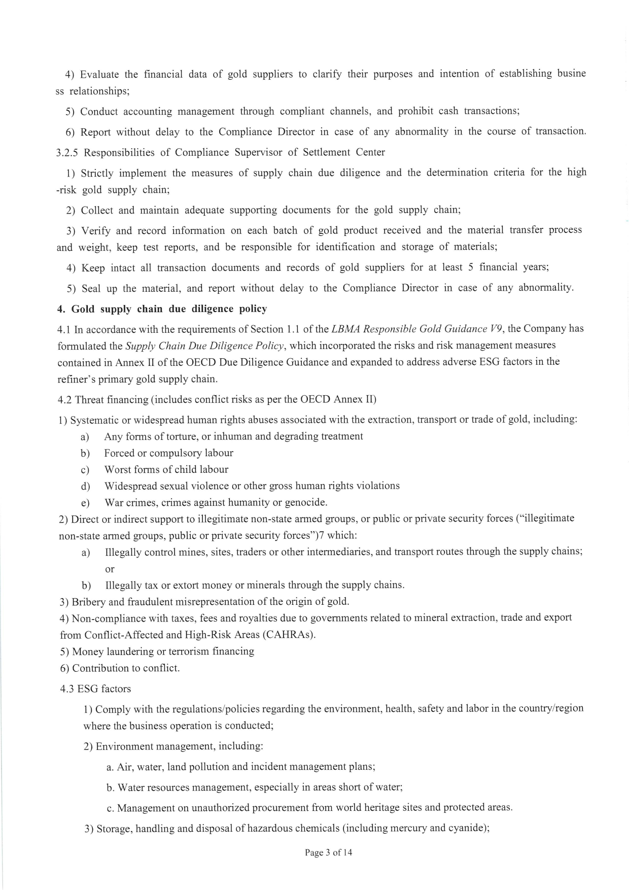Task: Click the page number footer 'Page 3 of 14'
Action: click(x=328, y=852)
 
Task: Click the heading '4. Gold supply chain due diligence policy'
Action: click(x=162, y=309)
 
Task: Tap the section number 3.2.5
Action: click(x=67, y=152)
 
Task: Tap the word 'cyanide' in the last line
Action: click(x=470, y=829)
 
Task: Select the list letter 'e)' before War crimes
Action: click(x=85, y=503)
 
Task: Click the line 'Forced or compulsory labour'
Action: click(x=168, y=453)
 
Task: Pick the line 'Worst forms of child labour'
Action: click(x=166, y=469)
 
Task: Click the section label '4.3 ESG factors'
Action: click(x=95, y=689)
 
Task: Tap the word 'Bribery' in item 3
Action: click(x=89, y=602)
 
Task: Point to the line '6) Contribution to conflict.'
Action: click(x=120, y=668)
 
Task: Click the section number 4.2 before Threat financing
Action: click(x=65, y=399)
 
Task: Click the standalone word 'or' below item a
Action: click(x=110, y=569)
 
